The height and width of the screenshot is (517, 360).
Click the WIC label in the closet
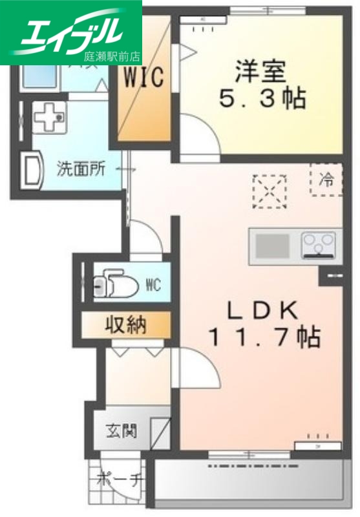(143, 78)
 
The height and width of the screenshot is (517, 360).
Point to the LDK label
(261, 311)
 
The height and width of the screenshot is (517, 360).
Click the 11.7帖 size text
(263, 337)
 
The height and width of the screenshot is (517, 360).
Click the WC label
(153, 284)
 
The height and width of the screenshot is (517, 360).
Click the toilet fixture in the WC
(115, 284)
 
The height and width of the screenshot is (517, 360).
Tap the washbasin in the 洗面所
(32, 169)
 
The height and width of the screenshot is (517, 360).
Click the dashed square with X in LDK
(270, 191)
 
